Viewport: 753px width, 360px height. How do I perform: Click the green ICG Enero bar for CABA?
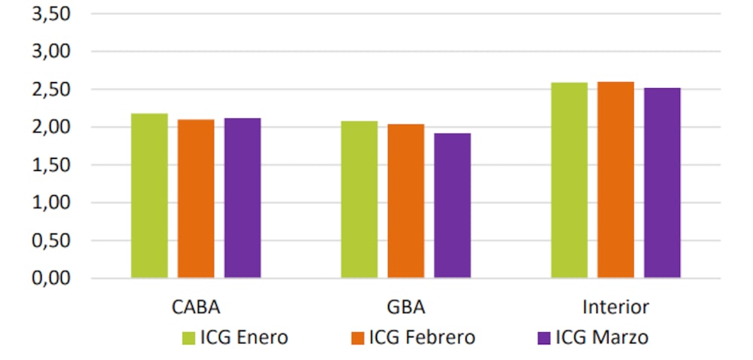(149, 196)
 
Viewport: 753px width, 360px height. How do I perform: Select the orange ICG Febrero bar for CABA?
(196, 199)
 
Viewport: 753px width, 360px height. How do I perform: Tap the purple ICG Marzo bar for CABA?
(242, 198)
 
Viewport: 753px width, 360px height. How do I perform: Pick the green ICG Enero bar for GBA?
(359, 200)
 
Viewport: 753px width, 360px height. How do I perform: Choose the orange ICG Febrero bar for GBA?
(406, 201)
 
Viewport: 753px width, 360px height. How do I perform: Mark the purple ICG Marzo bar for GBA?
(453, 206)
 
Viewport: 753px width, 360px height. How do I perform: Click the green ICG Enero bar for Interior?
(569, 180)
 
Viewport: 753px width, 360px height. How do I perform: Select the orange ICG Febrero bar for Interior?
(616, 180)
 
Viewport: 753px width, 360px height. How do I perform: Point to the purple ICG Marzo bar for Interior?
(663, 183)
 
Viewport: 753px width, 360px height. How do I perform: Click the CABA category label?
(196, 307)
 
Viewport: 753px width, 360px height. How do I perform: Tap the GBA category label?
(406, 307)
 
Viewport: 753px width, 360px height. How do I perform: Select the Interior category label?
(615, 307)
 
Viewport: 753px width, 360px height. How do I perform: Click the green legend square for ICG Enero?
(188, 338)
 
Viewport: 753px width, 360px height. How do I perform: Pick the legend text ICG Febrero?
(422, 337)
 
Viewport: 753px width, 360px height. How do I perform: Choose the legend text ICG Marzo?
(602, 337)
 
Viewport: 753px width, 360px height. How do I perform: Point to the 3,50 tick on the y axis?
(50, 14)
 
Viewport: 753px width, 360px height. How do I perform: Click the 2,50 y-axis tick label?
(50, 90)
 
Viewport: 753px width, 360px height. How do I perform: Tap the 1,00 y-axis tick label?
(50, 203)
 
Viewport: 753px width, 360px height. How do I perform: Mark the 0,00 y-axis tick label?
(50, 279)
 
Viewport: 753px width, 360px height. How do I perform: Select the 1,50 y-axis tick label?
(50, 166)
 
